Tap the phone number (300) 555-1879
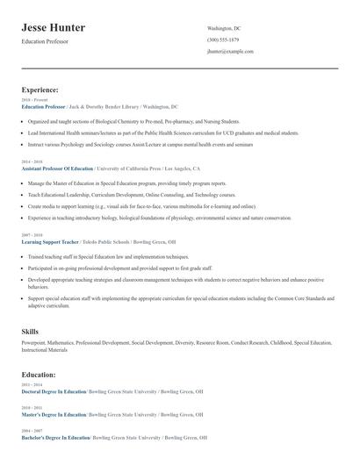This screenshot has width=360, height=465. pyautogui.click(x=224, y=39)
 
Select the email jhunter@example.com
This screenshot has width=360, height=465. pyautogui.click(x=230, y=52)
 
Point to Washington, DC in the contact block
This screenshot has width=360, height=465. pyautogui.click(x=224, y=28)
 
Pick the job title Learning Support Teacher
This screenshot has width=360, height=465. pyautogui.click(x=49, y=240)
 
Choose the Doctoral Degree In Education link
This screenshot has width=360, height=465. pyautogui.click(x=54, y=391)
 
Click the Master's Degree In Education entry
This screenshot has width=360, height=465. pyautogui.click(x=54, y=414)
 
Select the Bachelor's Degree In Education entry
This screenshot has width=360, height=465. pyautogui.click(x=55, y=437)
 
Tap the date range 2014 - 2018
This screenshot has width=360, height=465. pyautogui.click(x=31, y=161)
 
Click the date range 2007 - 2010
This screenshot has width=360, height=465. pyautogui.click(x=31, y=234)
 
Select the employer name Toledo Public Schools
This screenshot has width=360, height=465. pyautogui.click(x=104, y=240)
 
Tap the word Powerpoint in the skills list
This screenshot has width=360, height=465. pyautogui.click(x=35, y=342)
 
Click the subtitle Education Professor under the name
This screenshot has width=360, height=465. pyautogui.click(x=44, y=41)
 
